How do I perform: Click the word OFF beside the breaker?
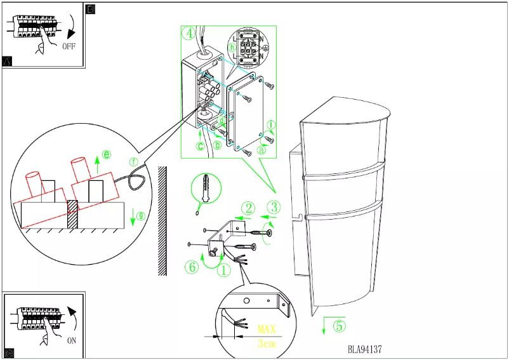[x=70, y=46]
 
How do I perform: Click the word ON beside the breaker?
[x=72, y=340]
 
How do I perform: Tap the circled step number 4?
[x=188, y=34]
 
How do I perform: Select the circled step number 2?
[x=249, y=208]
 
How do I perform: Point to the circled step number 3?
[x=274, y=206]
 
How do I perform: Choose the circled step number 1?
[x=223, y=270]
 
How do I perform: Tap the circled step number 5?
[x=340, y=326]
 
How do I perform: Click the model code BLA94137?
[x=364, y=349]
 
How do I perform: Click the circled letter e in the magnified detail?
[x=107, y=154]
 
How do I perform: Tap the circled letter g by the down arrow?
[x=141, y=216]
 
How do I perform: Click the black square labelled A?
[x=8, y=62]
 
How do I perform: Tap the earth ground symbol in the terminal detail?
[x=265, y=48]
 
